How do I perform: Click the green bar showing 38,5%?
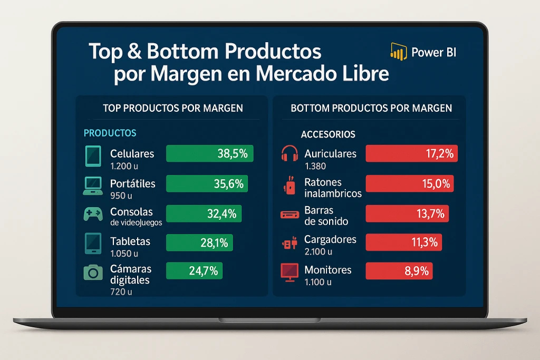[x=209, y=153]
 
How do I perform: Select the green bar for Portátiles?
[x=207, y=183]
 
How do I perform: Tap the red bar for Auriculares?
[x=411, y=153]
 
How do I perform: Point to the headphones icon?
[x=290, y=154]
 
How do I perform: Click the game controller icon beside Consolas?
[x=93, y=214]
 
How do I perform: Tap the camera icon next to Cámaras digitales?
[x=93, y=272]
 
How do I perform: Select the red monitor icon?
[x=290, y=271]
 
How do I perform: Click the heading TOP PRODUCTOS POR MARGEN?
[x=173, y=108]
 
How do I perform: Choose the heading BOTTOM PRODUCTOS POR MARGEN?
[x=371, y=108]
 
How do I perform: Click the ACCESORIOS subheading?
[x=328, y=134]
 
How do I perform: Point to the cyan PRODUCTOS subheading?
[x=110, y=133]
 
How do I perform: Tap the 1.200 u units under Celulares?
[x=124, y=166]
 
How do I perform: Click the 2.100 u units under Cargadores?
[x=318, y=251]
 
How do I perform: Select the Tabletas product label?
[x=130, y=241]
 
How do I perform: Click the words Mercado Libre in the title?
[x=322, y=74]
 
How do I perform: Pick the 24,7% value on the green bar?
[x=203, y=271]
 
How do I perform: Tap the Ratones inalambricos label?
[x=333, y=188]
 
